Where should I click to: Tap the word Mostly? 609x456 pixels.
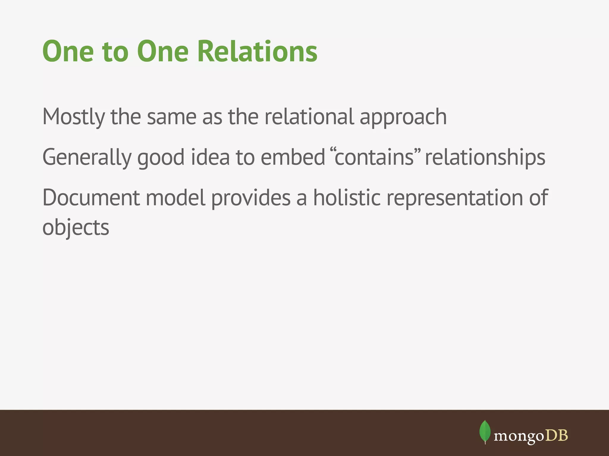(x=73, y=117)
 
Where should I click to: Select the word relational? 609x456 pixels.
(x=309, y=116)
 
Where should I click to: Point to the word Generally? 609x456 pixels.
(x=87, y=158)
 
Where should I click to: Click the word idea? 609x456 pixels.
(x=210, y=157)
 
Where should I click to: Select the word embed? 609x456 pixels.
(x=293, y=157)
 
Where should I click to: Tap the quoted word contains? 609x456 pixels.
(x=374, y=157)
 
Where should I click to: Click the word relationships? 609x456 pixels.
(x=485, y=158)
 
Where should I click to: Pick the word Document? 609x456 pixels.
(x=91, y=198)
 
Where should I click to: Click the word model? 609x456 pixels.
(x=175, y=198)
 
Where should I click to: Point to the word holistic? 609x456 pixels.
(x=347, y=198)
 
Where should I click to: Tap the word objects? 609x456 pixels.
(x=76, y=228)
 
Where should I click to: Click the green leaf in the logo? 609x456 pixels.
(x=485, y=431)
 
